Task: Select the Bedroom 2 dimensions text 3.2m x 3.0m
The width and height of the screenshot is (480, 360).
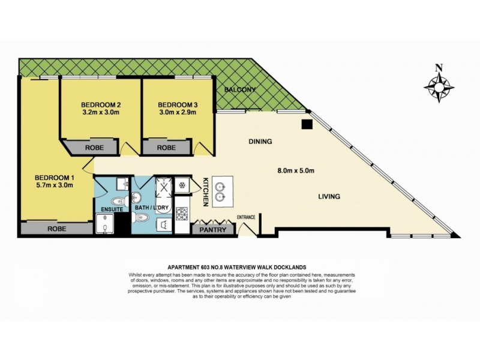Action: [x=101, y=111]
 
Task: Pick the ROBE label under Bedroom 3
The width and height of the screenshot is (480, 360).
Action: [x=166, y=147]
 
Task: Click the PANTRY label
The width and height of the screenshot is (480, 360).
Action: [x=212, y=229]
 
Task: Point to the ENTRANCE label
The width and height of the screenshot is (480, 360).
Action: [x=246, y=217]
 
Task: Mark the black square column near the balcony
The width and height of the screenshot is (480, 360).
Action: [x=307, y=124]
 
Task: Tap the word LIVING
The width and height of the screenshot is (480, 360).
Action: [x=329, y=196]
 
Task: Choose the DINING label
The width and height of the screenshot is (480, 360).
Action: [x=260, y=142]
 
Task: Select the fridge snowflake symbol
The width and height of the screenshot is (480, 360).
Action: [x=182, y=185]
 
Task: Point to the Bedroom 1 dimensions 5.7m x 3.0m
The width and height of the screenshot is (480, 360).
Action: [x=54, y=185]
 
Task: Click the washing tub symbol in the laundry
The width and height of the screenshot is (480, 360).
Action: [x=163, y=224]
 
